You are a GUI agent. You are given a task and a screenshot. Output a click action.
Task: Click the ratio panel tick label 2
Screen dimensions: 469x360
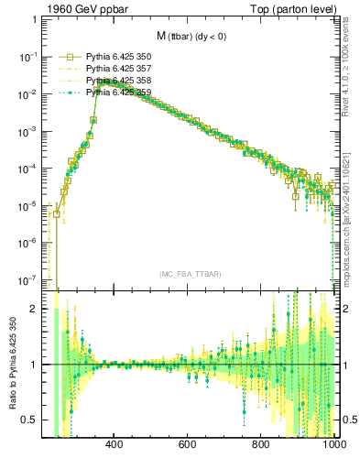37,309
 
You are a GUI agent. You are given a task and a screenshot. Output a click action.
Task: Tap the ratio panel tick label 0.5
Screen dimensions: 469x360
32,420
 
